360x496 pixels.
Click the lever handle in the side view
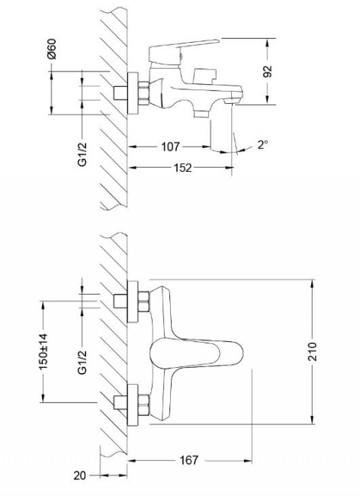pos(182,53)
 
